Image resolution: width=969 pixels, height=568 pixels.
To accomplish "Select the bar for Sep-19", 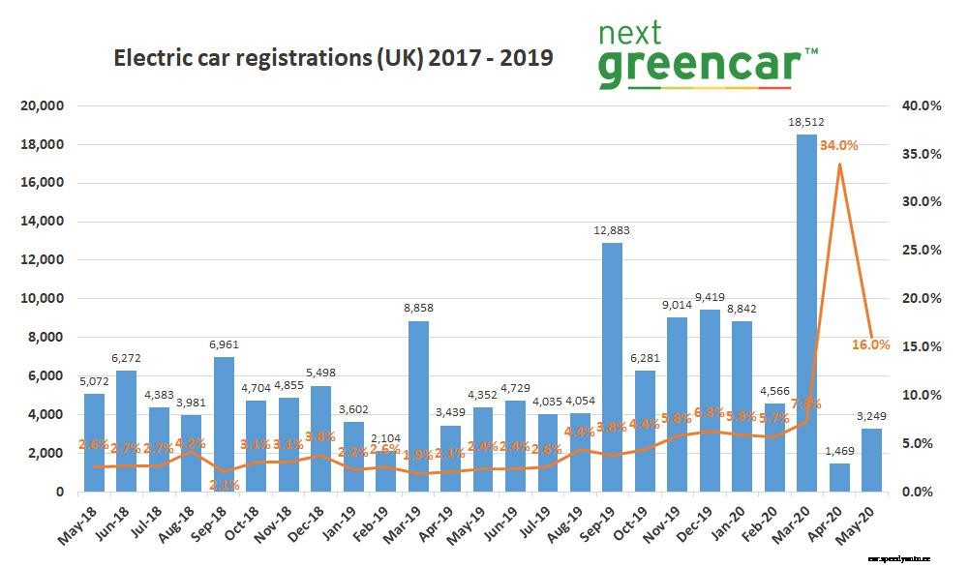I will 612,367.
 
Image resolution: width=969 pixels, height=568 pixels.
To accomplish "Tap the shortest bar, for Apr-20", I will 838,477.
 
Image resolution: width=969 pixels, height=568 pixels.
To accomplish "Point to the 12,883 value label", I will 613,230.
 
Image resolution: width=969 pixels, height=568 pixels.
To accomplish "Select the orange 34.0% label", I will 839,145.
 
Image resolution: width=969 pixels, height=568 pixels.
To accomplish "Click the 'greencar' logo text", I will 699,66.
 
